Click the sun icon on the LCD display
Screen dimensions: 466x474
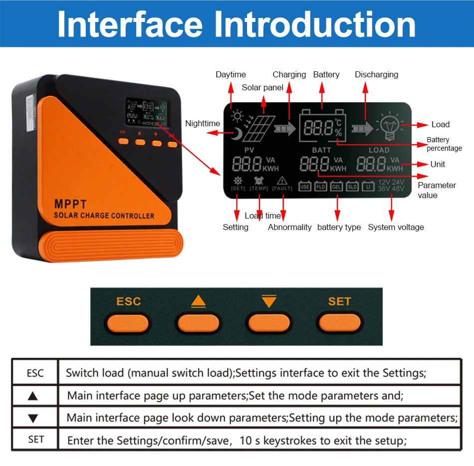tap(236, 117)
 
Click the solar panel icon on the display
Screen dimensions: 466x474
tap(259, 128)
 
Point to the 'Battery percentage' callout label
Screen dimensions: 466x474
tap(444, 144)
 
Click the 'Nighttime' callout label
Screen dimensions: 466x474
tap(202, 123)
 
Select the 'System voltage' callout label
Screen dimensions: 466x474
tap(396, 227)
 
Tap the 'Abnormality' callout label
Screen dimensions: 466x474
tap(289, 227)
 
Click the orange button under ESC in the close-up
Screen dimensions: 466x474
tap(128, 323)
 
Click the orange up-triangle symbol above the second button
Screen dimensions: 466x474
tap(198, 302)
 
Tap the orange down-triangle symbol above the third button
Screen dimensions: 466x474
tap(268, 302)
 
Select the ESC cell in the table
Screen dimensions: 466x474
tap(35, 373)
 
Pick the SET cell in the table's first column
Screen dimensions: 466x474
tap(35, 440)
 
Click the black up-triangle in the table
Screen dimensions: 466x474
tap(33, 396)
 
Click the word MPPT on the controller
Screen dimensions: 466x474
tap(70, 205)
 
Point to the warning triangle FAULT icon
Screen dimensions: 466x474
tap(282, 181)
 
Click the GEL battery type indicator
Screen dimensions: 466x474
tap(336, 187)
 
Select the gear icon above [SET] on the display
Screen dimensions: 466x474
tap(238, 181)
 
